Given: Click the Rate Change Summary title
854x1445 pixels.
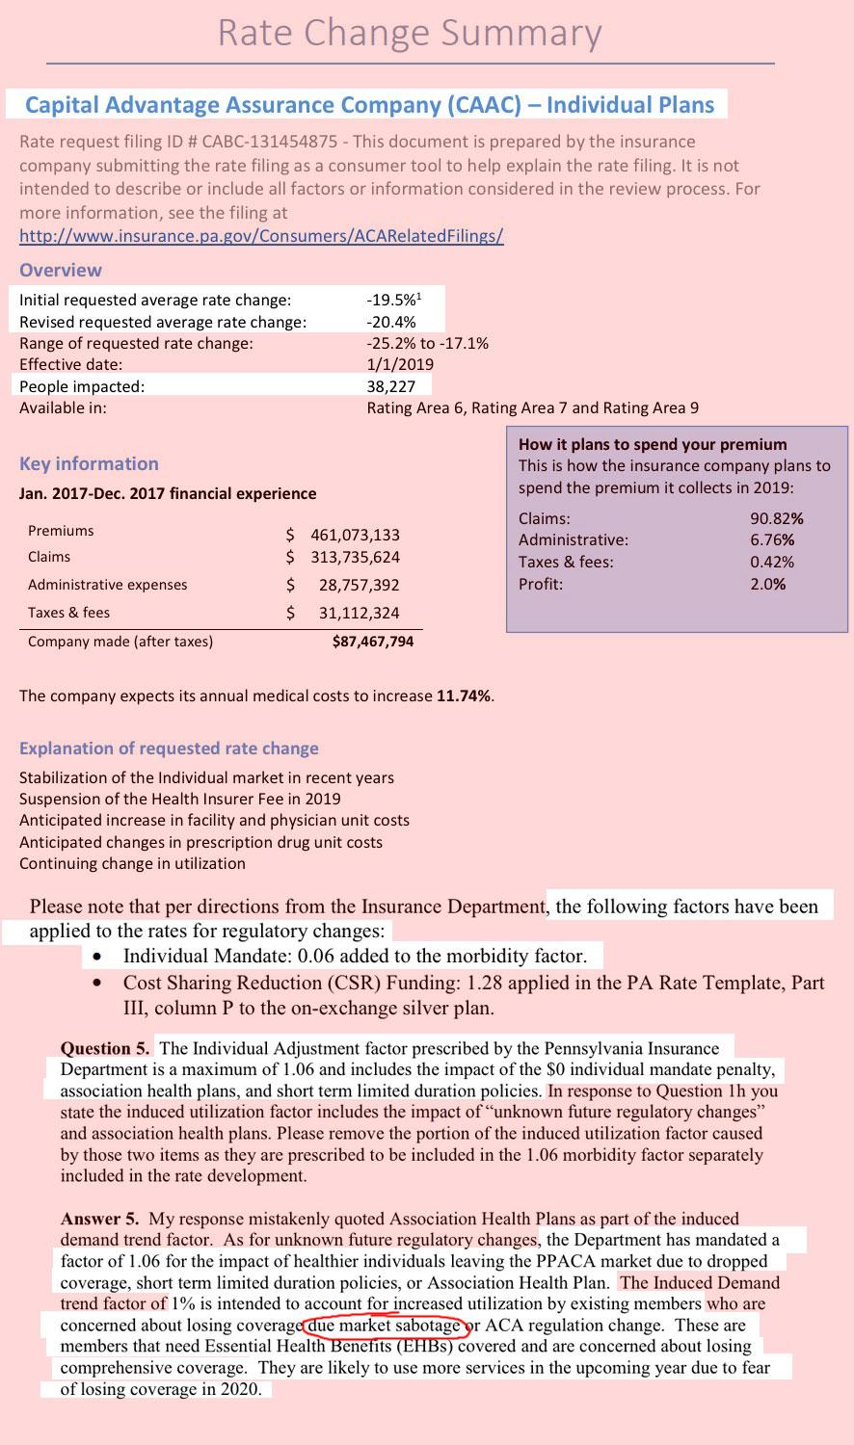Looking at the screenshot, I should click(x=410, y=33).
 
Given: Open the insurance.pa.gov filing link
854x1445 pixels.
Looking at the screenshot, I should click(x=261, y=236).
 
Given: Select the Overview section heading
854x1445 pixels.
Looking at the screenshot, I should click(x=60, y=270).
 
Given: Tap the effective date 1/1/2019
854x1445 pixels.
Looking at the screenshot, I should click(x=400, y=364).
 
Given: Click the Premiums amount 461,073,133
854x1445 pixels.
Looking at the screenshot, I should click(x=355, y=535).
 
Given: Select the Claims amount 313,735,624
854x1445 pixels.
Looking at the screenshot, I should click(x=355, y=557).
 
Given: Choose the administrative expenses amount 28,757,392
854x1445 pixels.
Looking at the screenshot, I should click(x=359, y=585).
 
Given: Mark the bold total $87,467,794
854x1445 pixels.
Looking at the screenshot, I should click(x=372, y=641).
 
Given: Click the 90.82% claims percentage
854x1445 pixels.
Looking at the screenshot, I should click(x=776, y=518).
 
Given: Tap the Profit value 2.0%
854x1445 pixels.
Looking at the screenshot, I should click(x=767, y=584).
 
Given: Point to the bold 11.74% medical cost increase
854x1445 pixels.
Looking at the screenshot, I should click(x=464, y=696).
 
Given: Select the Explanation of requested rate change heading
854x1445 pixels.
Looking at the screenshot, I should click(x=169, y=749).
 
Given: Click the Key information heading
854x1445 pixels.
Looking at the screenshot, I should click(x=89, y=463).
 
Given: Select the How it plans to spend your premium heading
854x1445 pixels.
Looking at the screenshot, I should click(x=653, y=444).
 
